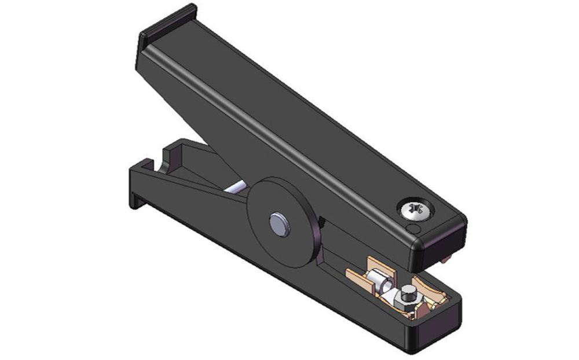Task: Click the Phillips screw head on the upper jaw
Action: point(416,208)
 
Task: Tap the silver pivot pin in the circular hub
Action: point(280,223)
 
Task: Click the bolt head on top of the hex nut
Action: point(409,291)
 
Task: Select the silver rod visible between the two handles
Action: point(237,188)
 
